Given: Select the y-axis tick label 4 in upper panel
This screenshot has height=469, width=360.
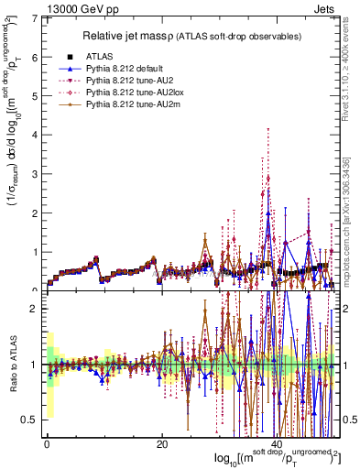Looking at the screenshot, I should click(x=35, y=136).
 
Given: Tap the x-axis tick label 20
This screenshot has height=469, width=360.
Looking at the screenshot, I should click(x=161, y=445).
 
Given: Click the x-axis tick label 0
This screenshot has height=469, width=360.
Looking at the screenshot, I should click(x=47, y=445).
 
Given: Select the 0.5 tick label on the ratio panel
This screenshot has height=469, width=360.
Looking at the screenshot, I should click(x=29, y=420).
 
